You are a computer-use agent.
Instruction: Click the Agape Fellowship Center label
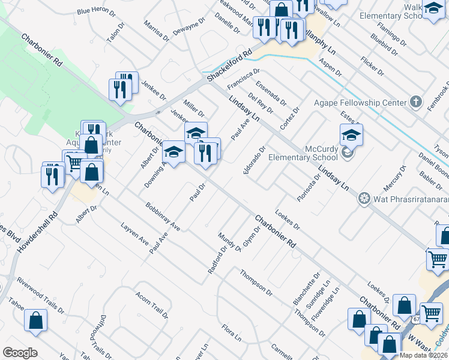pyautogui.click(x=360, y=103)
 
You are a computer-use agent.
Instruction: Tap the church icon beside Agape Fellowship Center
pyautogui.click(x=415, y=102)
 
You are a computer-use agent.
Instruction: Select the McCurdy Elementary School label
pyautogui.click(x=305, y=153)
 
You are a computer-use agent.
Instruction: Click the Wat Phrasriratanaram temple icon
pyautogui.click(x=364, y=199)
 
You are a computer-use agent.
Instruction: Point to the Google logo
pyautogui.click(x=20, y=353)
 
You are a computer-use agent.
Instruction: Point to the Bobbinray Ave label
pyautogui.click(x=163, y=217)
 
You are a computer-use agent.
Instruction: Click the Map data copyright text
pyautogui.click(x=423, y=355)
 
